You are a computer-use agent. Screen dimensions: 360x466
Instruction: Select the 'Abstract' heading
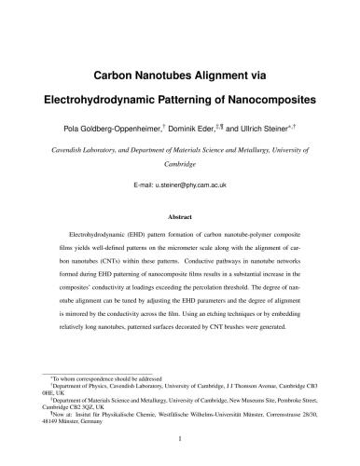coord(180,215)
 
